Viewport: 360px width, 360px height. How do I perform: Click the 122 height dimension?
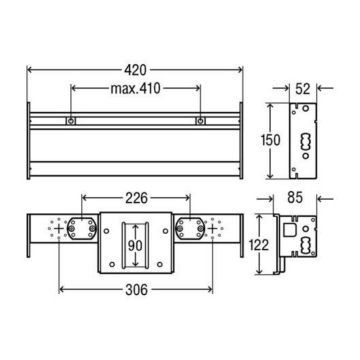click(x=258, y=245)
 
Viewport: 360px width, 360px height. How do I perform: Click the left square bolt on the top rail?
click(x=71, y=121)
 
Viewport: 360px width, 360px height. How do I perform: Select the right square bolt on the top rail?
click(x=200, y=121)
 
